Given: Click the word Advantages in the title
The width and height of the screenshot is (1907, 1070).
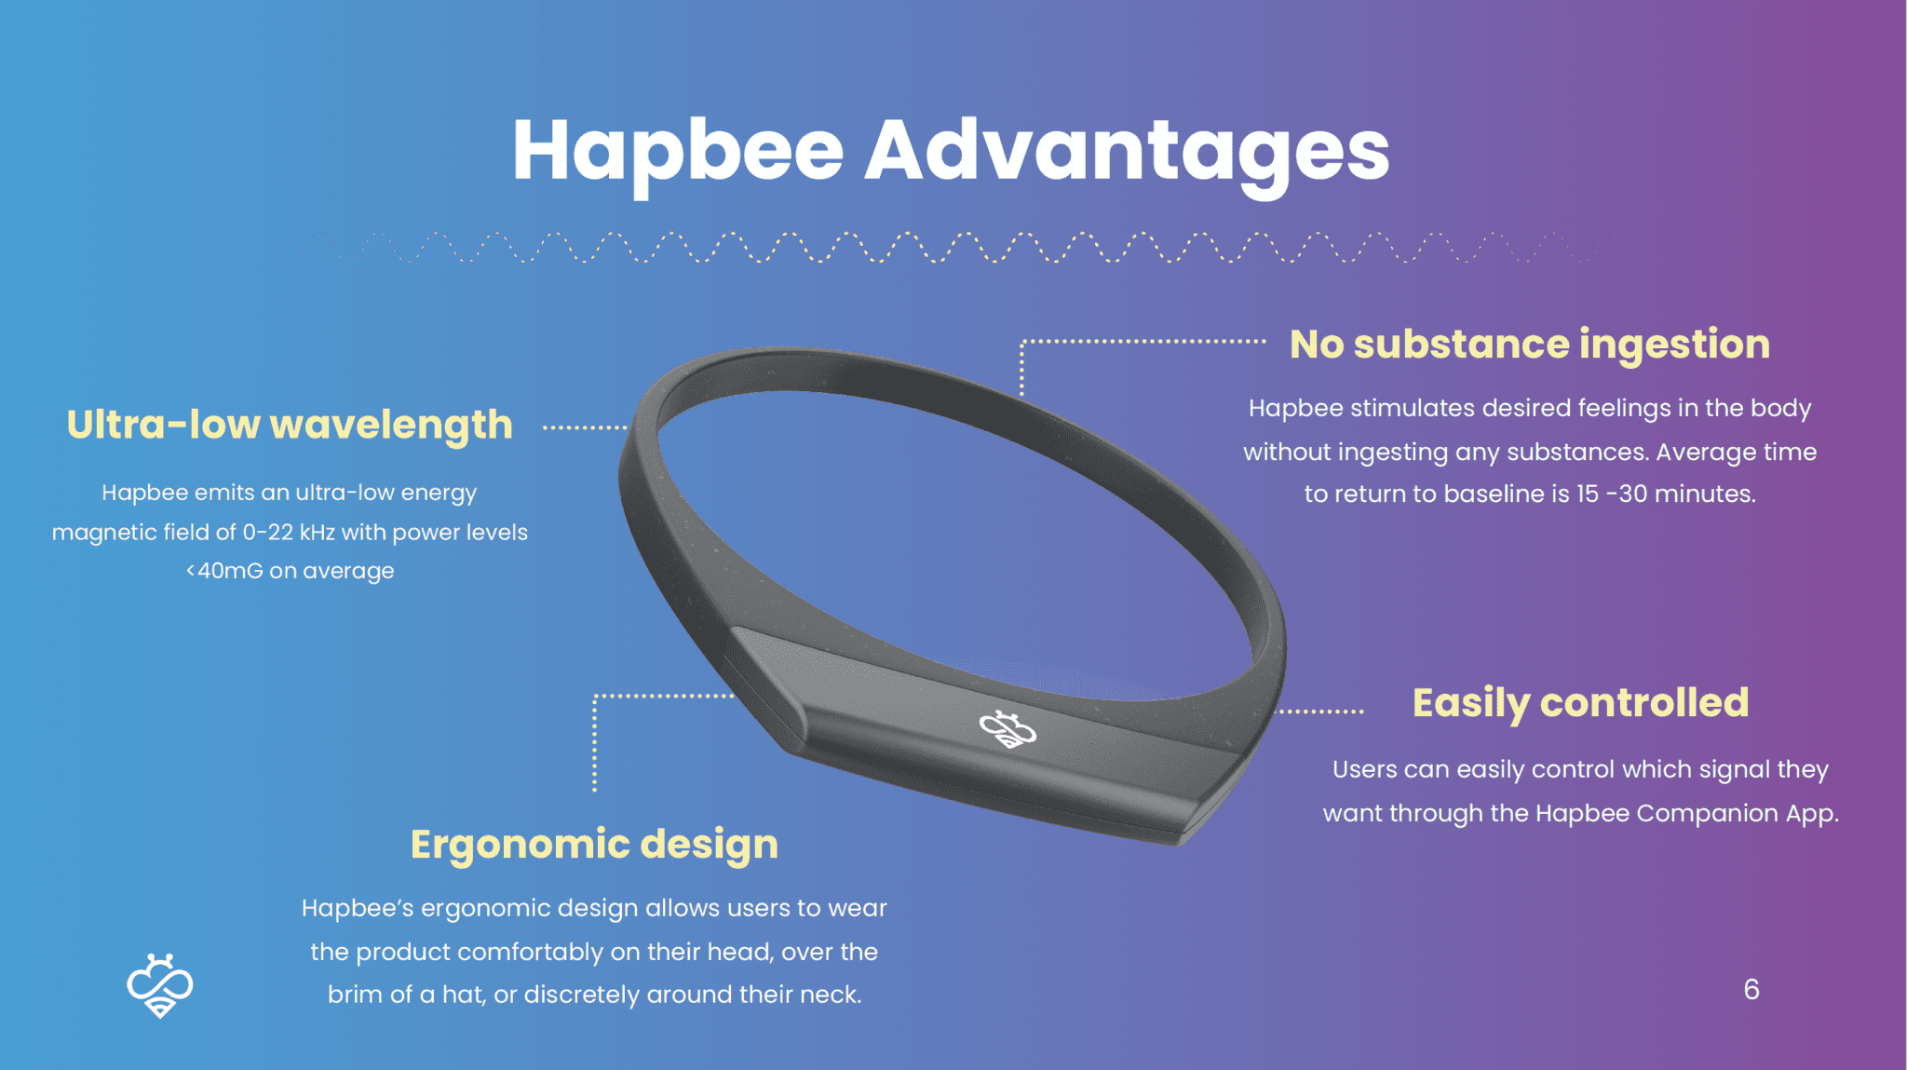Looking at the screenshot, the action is pyautogui.click(x=1128, y=152).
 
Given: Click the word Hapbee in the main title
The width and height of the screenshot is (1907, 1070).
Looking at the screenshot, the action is pyautogui.click(x=678, y=152).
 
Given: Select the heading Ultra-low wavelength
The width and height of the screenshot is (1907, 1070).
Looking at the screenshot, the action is pyautogui.click(x=290, y=426).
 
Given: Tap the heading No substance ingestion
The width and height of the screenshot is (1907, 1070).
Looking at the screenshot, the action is pyautogui.click(x=1530, y=345).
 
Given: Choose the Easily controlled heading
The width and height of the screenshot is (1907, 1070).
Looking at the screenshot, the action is pyautogui.click(x=1581, y=703).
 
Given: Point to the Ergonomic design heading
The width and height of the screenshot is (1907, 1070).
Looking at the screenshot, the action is pyautogui.click(x=594, y=846).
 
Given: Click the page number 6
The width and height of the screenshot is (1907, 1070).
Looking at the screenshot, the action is pyautogui.click(x=1751, y=989).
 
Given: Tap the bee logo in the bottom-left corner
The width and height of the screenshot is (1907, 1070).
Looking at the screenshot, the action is pyautogui.click(x=160, y=985).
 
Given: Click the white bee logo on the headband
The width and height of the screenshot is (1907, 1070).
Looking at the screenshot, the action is pyautogui.click(x=1008, y=729).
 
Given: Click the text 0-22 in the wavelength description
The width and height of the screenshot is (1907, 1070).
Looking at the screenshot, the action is pyautogui.click(x=268, y=533).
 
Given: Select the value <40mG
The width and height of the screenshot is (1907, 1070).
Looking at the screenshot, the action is pyautogui.click(x=224, y=571).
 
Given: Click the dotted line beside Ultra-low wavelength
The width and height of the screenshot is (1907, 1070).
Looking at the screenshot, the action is pyautogui.click(x=585, y=427).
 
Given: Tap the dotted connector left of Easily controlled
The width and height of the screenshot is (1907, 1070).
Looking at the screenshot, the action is pyautogui.click(x=1319, y=711).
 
